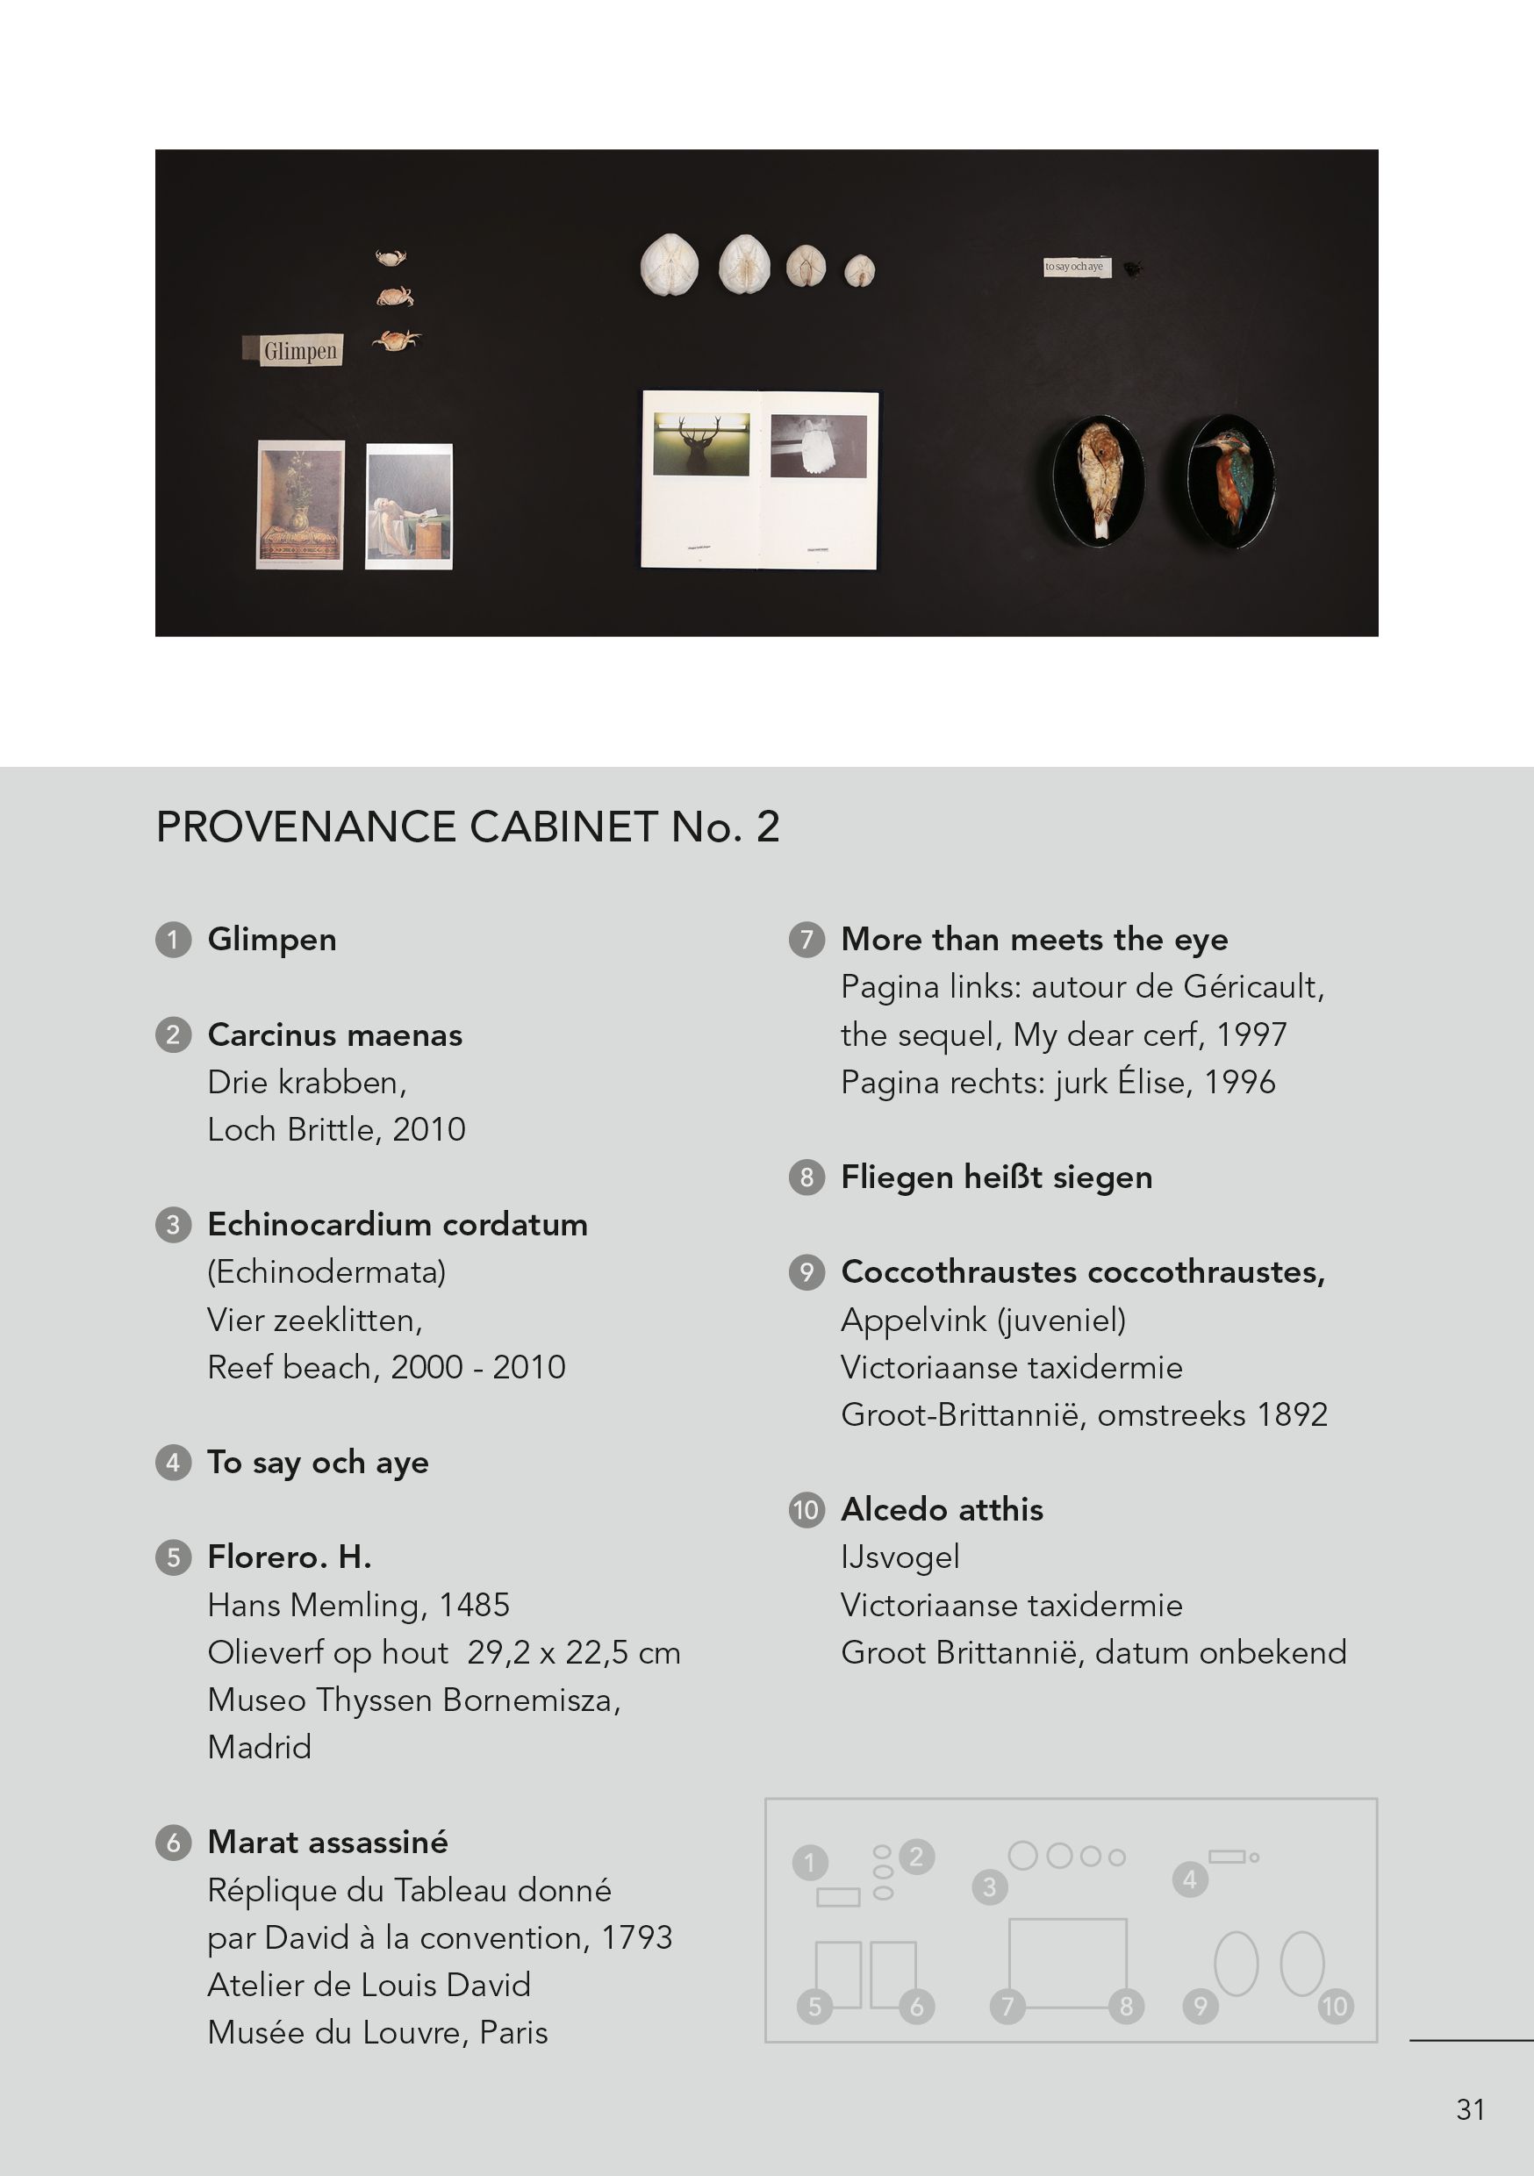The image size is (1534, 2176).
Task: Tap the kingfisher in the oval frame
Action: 1229,481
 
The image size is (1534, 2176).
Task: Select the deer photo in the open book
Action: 700,444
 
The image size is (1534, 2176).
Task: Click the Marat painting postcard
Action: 409,506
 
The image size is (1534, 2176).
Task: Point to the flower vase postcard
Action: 300,505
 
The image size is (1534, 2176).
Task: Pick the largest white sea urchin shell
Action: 670,263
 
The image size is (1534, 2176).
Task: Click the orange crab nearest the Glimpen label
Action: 397,340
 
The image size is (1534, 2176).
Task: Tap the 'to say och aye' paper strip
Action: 1075,268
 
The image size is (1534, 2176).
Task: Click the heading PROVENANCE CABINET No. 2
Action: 468,827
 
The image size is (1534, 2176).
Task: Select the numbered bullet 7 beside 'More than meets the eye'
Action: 806,939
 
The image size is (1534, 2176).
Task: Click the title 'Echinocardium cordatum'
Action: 398,1225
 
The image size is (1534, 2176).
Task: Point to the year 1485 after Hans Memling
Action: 474,1605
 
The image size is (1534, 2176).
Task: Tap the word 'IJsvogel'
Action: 900,1557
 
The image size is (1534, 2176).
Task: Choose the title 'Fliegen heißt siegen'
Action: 996,1177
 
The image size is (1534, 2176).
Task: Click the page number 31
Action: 1470,2109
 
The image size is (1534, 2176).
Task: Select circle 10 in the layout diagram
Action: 1335,2006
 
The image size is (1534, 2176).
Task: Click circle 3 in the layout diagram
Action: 989,1887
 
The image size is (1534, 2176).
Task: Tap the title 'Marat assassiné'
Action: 327,1842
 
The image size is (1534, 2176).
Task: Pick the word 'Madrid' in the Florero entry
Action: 259,1747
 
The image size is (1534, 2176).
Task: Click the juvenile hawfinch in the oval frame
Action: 1100,481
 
